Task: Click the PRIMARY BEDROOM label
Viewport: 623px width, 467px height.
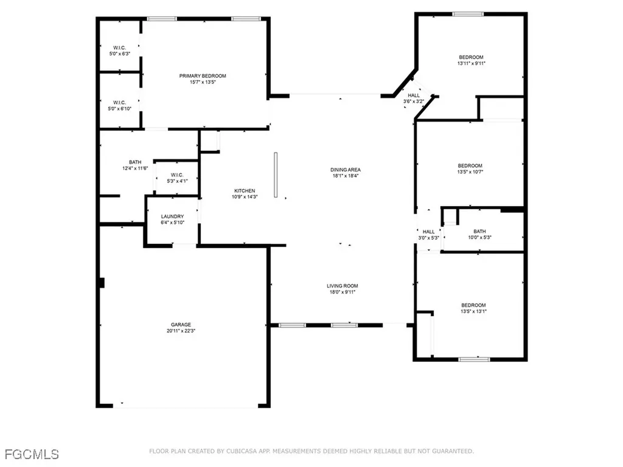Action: click(x=202, y=76)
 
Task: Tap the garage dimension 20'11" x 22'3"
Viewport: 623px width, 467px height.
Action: click(x=181, y=331)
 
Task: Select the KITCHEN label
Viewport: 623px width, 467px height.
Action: click(x=245, y=191)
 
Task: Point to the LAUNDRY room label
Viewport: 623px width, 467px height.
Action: click(x=172, y=216)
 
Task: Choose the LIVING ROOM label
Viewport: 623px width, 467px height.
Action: click(x=343, y=286)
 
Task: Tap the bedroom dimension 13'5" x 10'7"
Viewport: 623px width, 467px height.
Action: click(x=470, y=172)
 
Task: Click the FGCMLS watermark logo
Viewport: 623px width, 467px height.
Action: click(x=32, y=454)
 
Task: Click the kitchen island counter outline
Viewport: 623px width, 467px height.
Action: click(x=276, y=175)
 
